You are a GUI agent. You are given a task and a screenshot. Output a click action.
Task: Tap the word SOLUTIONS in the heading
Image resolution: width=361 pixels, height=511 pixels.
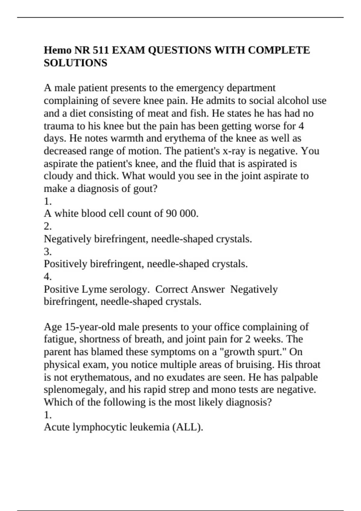76,63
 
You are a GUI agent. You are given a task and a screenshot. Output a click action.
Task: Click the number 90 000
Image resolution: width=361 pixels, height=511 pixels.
182,214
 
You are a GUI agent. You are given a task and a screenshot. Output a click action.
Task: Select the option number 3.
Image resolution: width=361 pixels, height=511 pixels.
48,251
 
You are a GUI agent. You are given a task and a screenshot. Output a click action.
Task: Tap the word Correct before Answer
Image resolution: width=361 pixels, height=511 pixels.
172,289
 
